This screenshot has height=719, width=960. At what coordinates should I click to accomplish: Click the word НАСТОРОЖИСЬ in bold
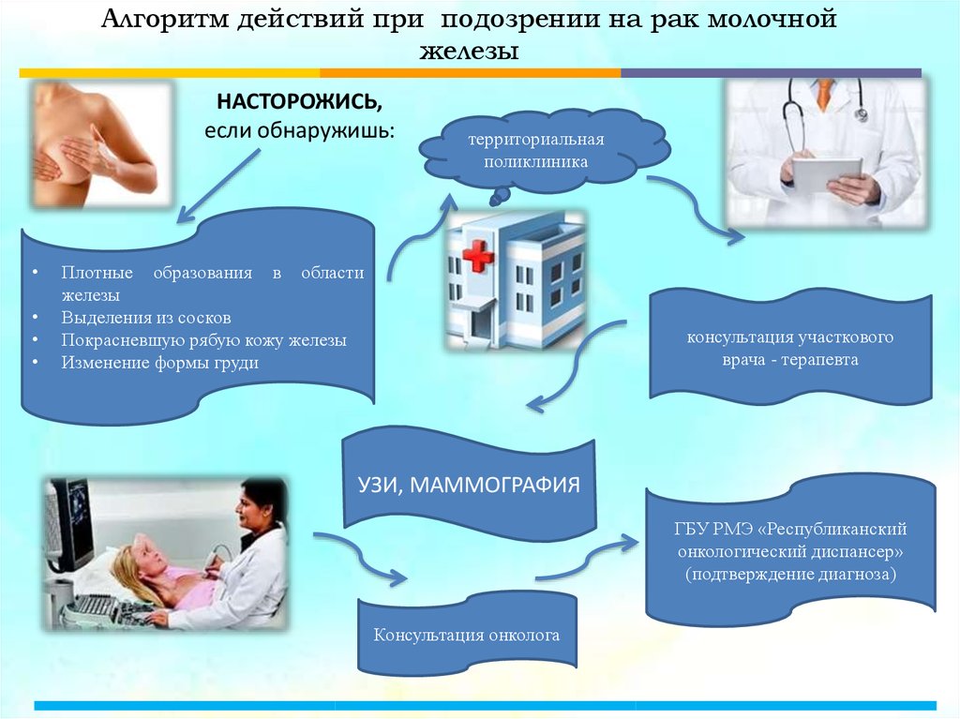[x=299, y=101]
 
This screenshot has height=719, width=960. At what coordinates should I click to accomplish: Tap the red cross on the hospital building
[x=477, y=256]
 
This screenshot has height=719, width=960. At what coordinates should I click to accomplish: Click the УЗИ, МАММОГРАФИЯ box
[x=469, y=485]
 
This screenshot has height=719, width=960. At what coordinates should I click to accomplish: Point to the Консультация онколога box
[x=467, y=635]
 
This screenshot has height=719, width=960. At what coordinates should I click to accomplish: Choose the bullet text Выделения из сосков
[x=145, y=317]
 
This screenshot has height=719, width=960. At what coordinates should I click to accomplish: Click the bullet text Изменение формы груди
[x=159, y=363]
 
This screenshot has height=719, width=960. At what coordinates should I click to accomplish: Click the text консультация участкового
[x=789, y=337]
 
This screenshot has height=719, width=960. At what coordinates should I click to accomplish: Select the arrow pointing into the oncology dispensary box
[x=587, y=557]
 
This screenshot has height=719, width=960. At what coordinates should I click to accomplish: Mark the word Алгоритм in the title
[x=165, y=20]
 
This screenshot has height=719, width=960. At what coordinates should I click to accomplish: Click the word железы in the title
[x=469, y=51]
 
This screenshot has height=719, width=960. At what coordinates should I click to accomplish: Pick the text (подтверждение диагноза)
[x=790, y=575]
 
